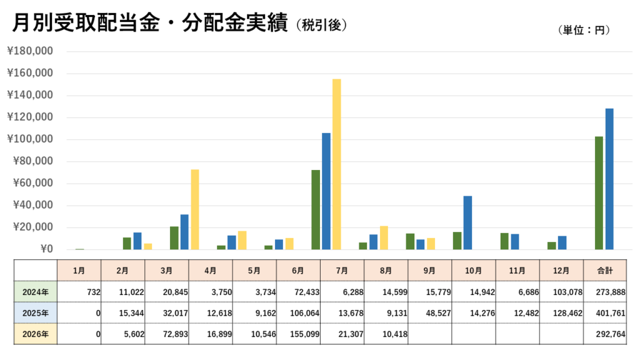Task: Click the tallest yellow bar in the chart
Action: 336,164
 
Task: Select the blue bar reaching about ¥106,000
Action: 326,191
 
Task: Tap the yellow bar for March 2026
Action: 195,209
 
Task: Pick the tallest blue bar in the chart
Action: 609,179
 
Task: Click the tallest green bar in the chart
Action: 599,192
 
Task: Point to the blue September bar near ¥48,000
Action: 467,222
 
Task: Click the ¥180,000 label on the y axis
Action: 30,51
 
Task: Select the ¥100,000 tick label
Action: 30,139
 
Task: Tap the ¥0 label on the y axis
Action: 46,249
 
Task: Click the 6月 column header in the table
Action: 298,271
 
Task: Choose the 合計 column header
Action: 605,271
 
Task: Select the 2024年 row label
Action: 36,292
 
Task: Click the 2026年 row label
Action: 36,334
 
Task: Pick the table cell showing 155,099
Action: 304,334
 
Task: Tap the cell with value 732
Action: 94,292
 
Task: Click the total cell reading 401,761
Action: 610,313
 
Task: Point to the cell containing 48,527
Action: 438,313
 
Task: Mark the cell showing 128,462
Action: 567,313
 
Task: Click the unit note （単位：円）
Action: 584,30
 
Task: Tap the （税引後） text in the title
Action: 322,25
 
